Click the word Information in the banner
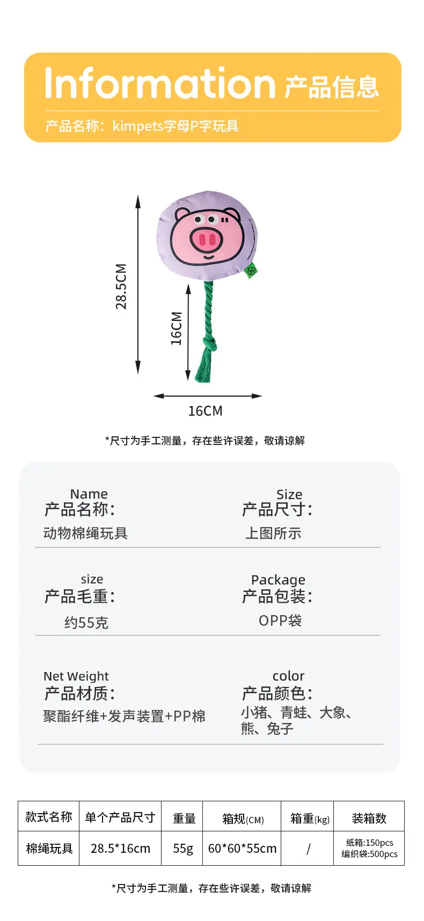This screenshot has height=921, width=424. pos(160,83)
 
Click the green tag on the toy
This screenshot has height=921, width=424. pos(251,271)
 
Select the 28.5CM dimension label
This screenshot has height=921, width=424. pos(121,286)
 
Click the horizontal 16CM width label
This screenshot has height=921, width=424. pos(205,411)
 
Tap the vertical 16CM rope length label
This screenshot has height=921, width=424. pos(177,328)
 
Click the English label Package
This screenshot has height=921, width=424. pos(278,580)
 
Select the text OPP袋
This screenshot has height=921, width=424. pos(280,620)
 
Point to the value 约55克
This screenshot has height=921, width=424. pos(86,623)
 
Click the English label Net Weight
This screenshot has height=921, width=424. pos(76,676)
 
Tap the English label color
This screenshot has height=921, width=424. pos(288,676)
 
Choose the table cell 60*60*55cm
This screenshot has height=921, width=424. pos(242,849)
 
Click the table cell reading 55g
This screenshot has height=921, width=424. pos(182,849)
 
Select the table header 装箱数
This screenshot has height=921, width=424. pos(369,818)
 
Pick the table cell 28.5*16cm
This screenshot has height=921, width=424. pos(120,849)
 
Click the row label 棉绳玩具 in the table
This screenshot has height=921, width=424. pos(49,849)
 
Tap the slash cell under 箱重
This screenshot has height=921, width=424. pos(308,849)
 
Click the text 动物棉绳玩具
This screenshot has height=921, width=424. pos(85,533)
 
